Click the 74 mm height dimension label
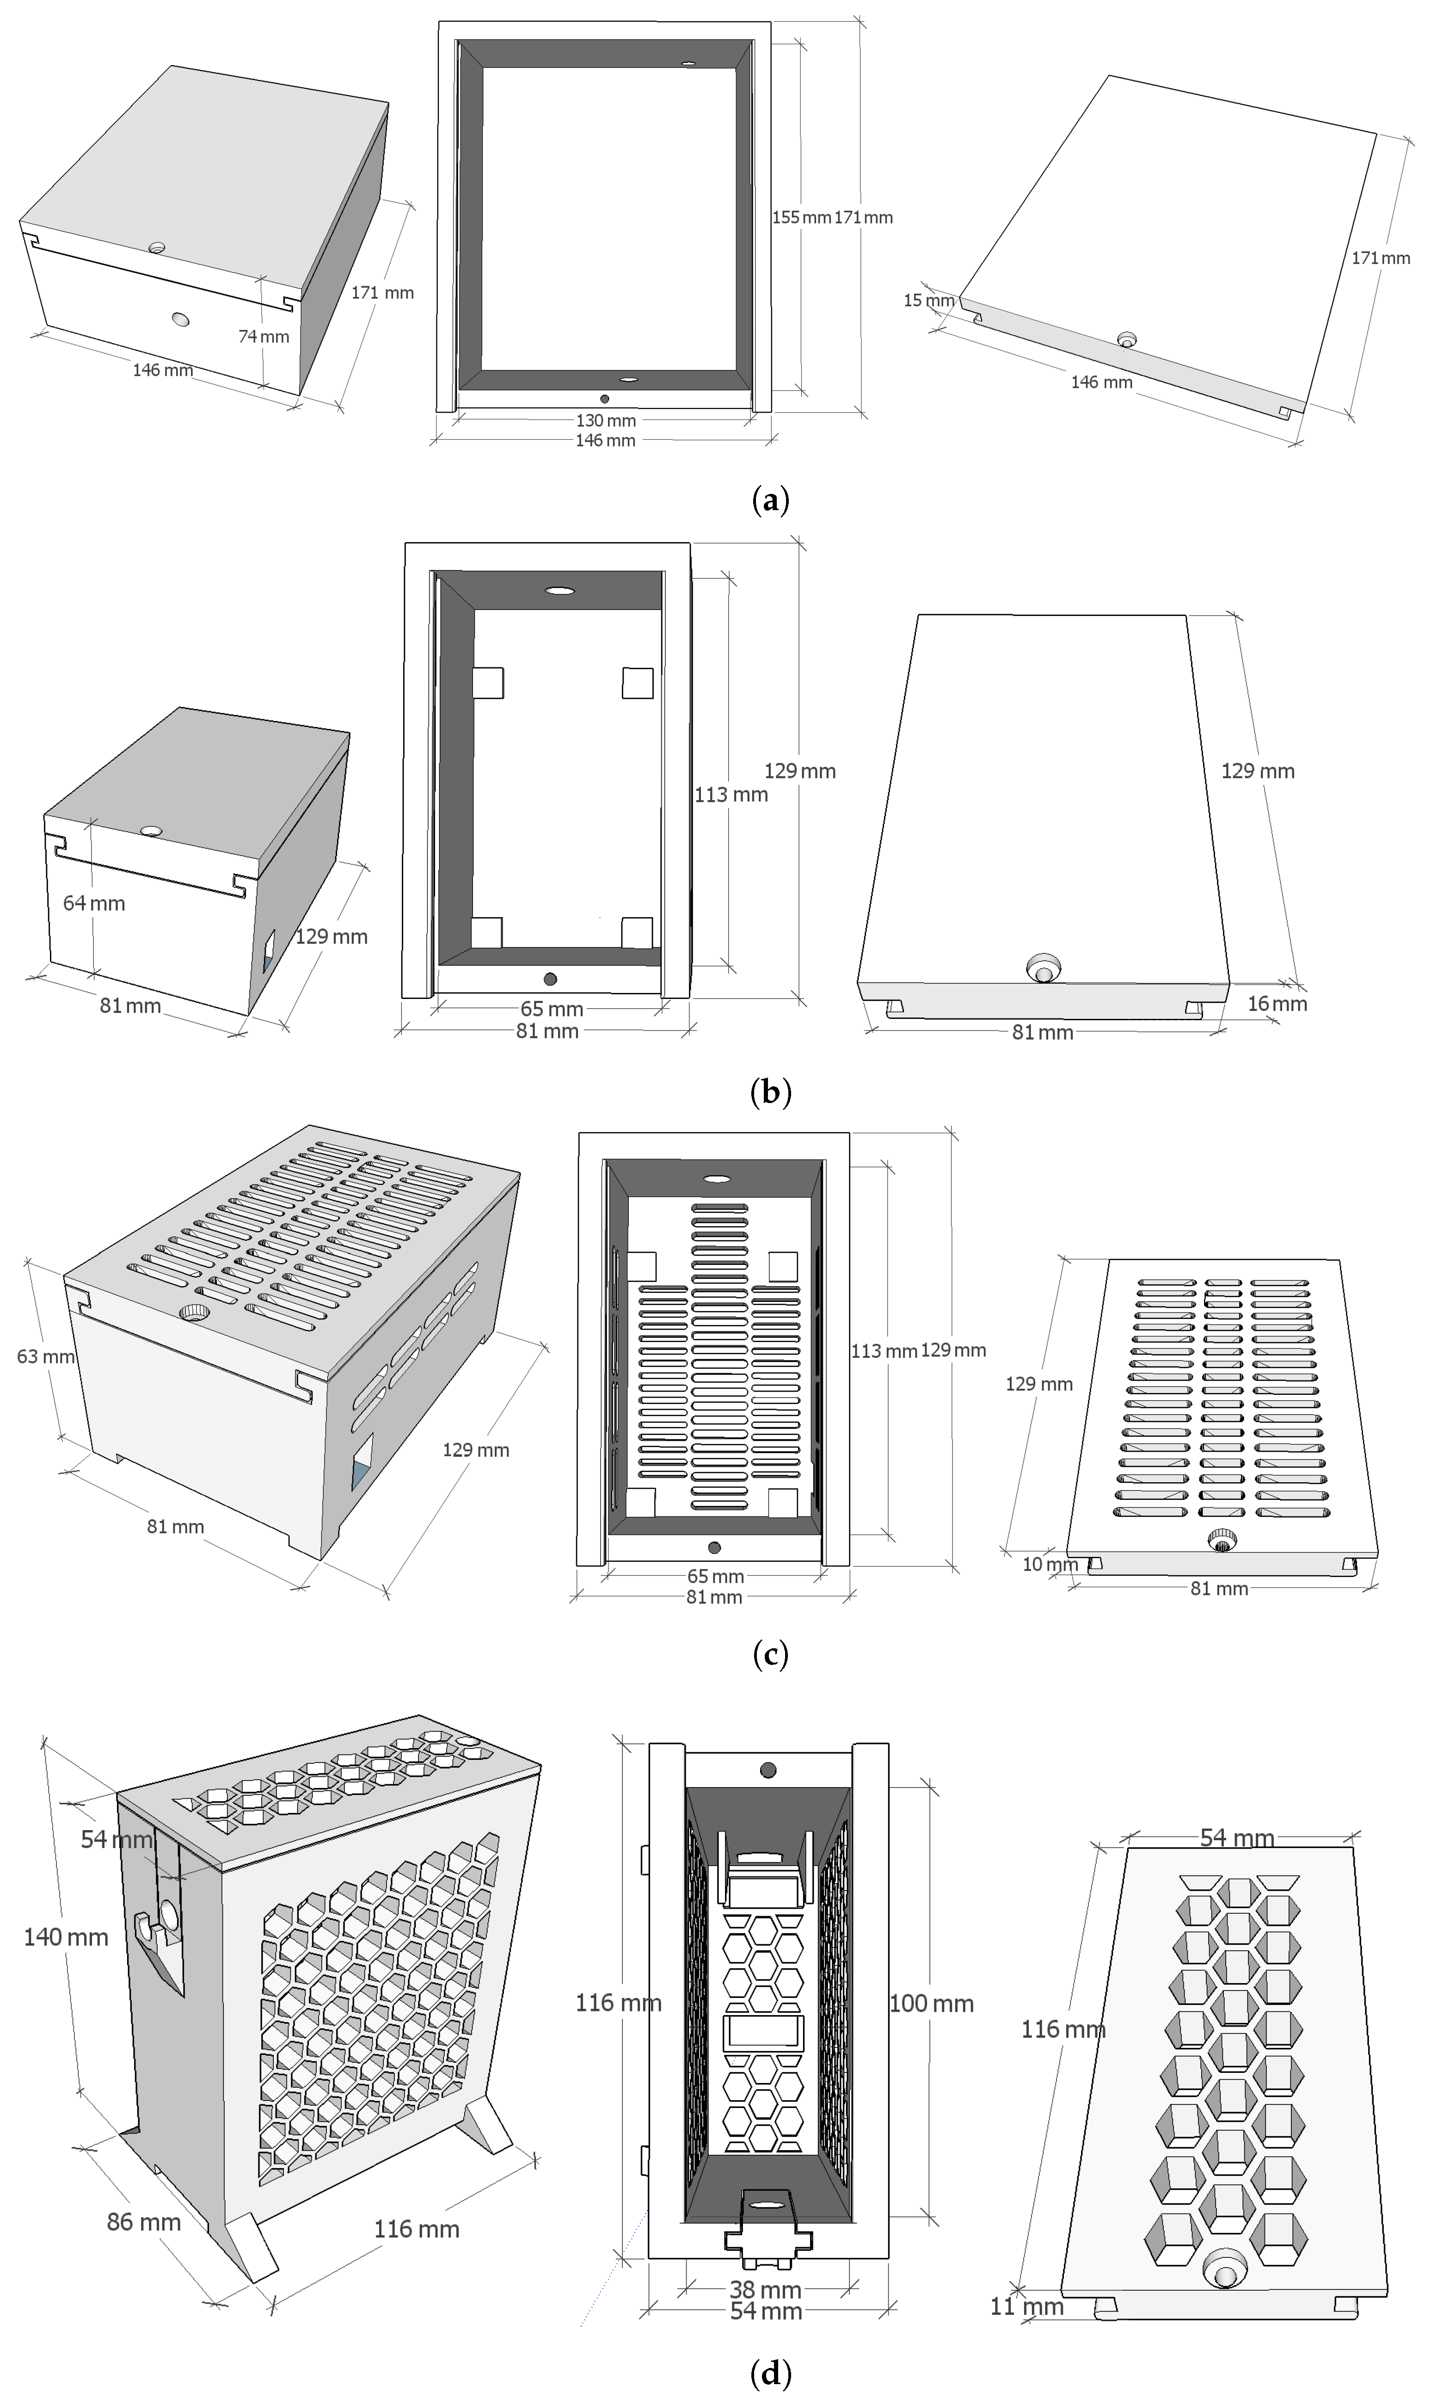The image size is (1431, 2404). pos(263,337)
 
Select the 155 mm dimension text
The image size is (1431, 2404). pos(800,218)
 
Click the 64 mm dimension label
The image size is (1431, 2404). pos(93,904)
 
